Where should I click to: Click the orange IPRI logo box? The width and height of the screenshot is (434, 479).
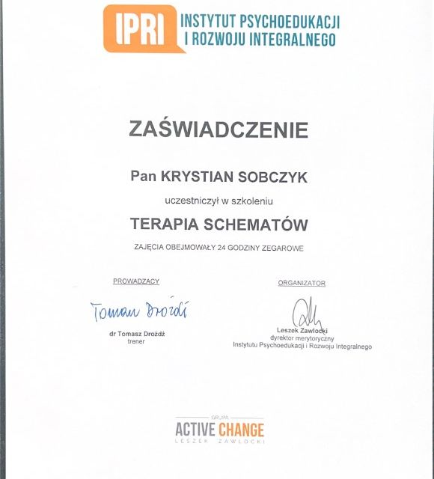[x=142, y=27]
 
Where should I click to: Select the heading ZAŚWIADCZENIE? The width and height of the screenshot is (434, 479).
[x=218, y=129]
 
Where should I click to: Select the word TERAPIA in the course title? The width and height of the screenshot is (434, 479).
[x=168, y=225]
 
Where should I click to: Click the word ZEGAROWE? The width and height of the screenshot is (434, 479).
[x=281, y=248]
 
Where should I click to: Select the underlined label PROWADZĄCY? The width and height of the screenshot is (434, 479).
[x=136, y=281]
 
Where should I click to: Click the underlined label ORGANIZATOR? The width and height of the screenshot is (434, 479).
[x=302, y=283]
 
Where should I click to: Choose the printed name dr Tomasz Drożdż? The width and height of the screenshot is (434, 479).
[x=137, y=334]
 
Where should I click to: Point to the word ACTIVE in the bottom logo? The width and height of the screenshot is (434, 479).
[x=195, y=430]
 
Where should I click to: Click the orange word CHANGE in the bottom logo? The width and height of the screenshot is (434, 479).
[x=242, y=430]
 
